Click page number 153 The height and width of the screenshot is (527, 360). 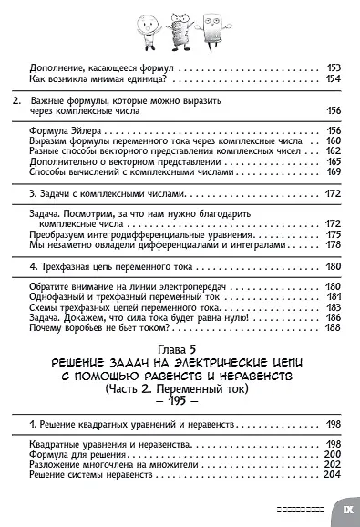click(333, 68)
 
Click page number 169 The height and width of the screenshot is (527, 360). click(333, 172)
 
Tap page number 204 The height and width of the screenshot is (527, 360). click(333, 476)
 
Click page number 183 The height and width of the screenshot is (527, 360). click(333, 306)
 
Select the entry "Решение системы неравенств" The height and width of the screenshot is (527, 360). click(87, 476)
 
